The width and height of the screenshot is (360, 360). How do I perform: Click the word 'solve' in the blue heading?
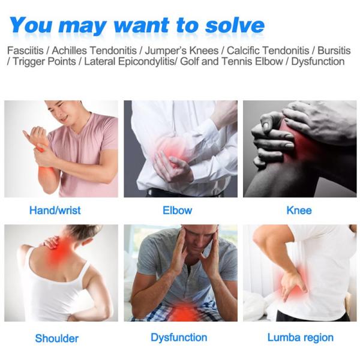click(235, 25)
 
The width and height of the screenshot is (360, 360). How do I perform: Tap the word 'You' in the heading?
click(31, 25)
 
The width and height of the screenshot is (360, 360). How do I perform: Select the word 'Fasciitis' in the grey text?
click(25, 50)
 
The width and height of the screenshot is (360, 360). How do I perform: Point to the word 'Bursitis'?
click(334, 50)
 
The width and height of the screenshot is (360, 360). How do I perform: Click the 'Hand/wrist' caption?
click(55, 211)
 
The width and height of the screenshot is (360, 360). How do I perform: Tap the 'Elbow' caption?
click(177, 211)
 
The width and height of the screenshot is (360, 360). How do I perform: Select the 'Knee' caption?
click(299, 211)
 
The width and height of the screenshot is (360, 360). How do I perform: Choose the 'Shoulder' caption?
click(57, 338)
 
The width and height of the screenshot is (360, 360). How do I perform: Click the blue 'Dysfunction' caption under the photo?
click(179, 337)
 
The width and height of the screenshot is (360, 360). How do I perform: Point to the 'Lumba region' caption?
click(301, 337)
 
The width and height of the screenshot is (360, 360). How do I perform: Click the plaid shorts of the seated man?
click(177, 312)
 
